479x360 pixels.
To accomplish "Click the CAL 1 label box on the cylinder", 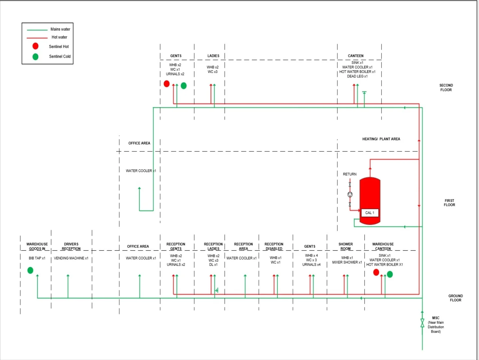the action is point(370,213).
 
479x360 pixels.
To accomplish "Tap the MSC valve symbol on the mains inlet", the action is point(422,323).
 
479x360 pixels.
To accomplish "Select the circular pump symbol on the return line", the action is point(350,194).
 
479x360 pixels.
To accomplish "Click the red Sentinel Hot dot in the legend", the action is point(35,46).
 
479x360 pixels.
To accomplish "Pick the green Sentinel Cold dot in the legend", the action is point(35,57).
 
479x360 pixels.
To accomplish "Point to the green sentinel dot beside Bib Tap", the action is point(30,270).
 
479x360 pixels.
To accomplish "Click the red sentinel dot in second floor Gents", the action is point(167,84).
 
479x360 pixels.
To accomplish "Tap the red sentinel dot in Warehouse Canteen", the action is point(376,272).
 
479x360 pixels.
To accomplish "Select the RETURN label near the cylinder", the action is point(350,174).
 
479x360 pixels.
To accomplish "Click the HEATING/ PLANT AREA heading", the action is point(381,139).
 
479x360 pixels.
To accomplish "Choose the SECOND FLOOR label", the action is point(446,88).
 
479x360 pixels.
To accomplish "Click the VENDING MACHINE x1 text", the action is point(71,258).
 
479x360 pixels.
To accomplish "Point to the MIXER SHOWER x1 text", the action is point(347,262).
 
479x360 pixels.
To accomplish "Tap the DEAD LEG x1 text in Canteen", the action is point(357,76).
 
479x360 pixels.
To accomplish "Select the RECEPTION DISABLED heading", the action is point(274,246).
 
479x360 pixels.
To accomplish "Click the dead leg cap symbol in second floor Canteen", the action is point(364,93).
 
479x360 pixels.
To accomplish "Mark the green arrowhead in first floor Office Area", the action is point(139,188).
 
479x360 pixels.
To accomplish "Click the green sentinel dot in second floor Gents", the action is point(184,86).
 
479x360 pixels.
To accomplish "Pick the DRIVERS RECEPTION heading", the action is point(71,246).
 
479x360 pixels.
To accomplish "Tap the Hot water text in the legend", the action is point(59,37).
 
